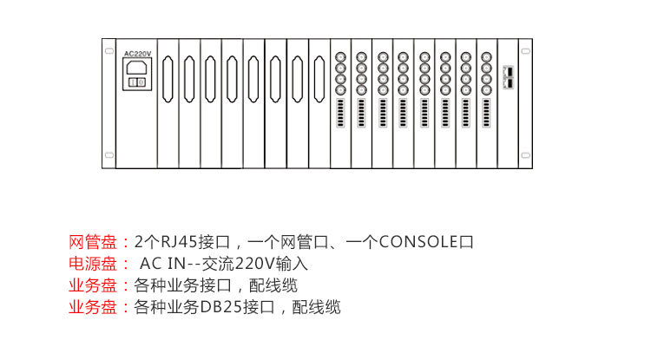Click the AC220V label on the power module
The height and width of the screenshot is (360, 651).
(x=138, y=54)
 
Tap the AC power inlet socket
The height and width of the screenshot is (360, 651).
(x=136, y=68)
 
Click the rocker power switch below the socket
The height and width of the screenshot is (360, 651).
(x=136, y=82)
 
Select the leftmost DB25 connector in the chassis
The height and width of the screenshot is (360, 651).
(x=168, y=79)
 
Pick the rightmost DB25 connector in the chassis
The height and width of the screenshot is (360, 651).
(x=319, y=79)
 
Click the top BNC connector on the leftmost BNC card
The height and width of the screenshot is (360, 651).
(x=340, y=57)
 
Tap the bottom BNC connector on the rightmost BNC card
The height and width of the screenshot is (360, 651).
(x=487, y=89)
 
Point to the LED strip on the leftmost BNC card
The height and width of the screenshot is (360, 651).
(x=340, y=113)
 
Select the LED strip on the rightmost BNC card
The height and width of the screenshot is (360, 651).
(x=487, y=113)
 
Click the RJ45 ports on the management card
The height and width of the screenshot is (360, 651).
(x=509, y=77)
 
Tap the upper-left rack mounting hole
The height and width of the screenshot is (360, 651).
(x=109, y=51)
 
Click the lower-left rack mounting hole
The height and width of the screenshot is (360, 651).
(x=109, y=155)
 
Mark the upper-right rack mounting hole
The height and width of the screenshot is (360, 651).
(x=526, y=51)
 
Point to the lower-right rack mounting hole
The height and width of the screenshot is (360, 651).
(x=526, y=155)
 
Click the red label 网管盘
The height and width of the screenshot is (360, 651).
(x=93, y=242)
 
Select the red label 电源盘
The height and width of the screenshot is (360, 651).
(x=93, y=264)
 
